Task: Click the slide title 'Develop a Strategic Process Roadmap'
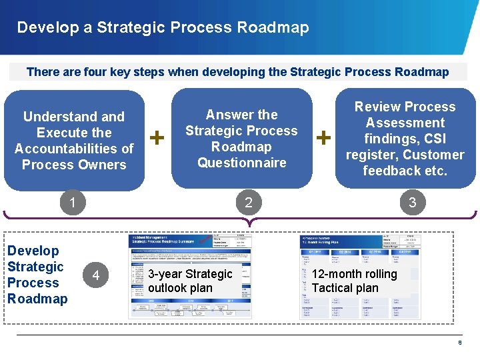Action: pyautogui.click(x=163, y=27)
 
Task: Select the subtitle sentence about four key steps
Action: pyautogui.click(x=237, y=72)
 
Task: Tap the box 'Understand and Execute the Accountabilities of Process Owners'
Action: pyautogui.click(x=74, y=141)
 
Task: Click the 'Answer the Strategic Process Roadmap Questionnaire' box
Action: pyautogui.click(x=241, y=139)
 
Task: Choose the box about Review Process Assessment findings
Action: pyautogui.click(x=405, y=139)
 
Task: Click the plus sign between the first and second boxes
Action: pyautogui.click(x=157, y=137)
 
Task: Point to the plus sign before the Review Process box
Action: pyautogui.click(x=324, y=137)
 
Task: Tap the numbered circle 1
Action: pyautogui.click(x=72, y=203)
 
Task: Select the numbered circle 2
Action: pyautogui.click(x=248, y=203)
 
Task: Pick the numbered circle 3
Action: pyautogui.click(x=412, y=203)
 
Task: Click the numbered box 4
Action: pyautogui.click(x=96, y=275)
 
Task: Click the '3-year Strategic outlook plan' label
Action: pyautogui.click(x=190, y=281)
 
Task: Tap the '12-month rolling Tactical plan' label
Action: pyautogui.click(x=354, y=281)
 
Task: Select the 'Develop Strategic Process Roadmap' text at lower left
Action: pyautogui.click(x=37, y=275)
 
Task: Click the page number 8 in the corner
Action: pyautogui.click(x=459, y=343)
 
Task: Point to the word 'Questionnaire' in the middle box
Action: pyautogui.click(x=241, y=163)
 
